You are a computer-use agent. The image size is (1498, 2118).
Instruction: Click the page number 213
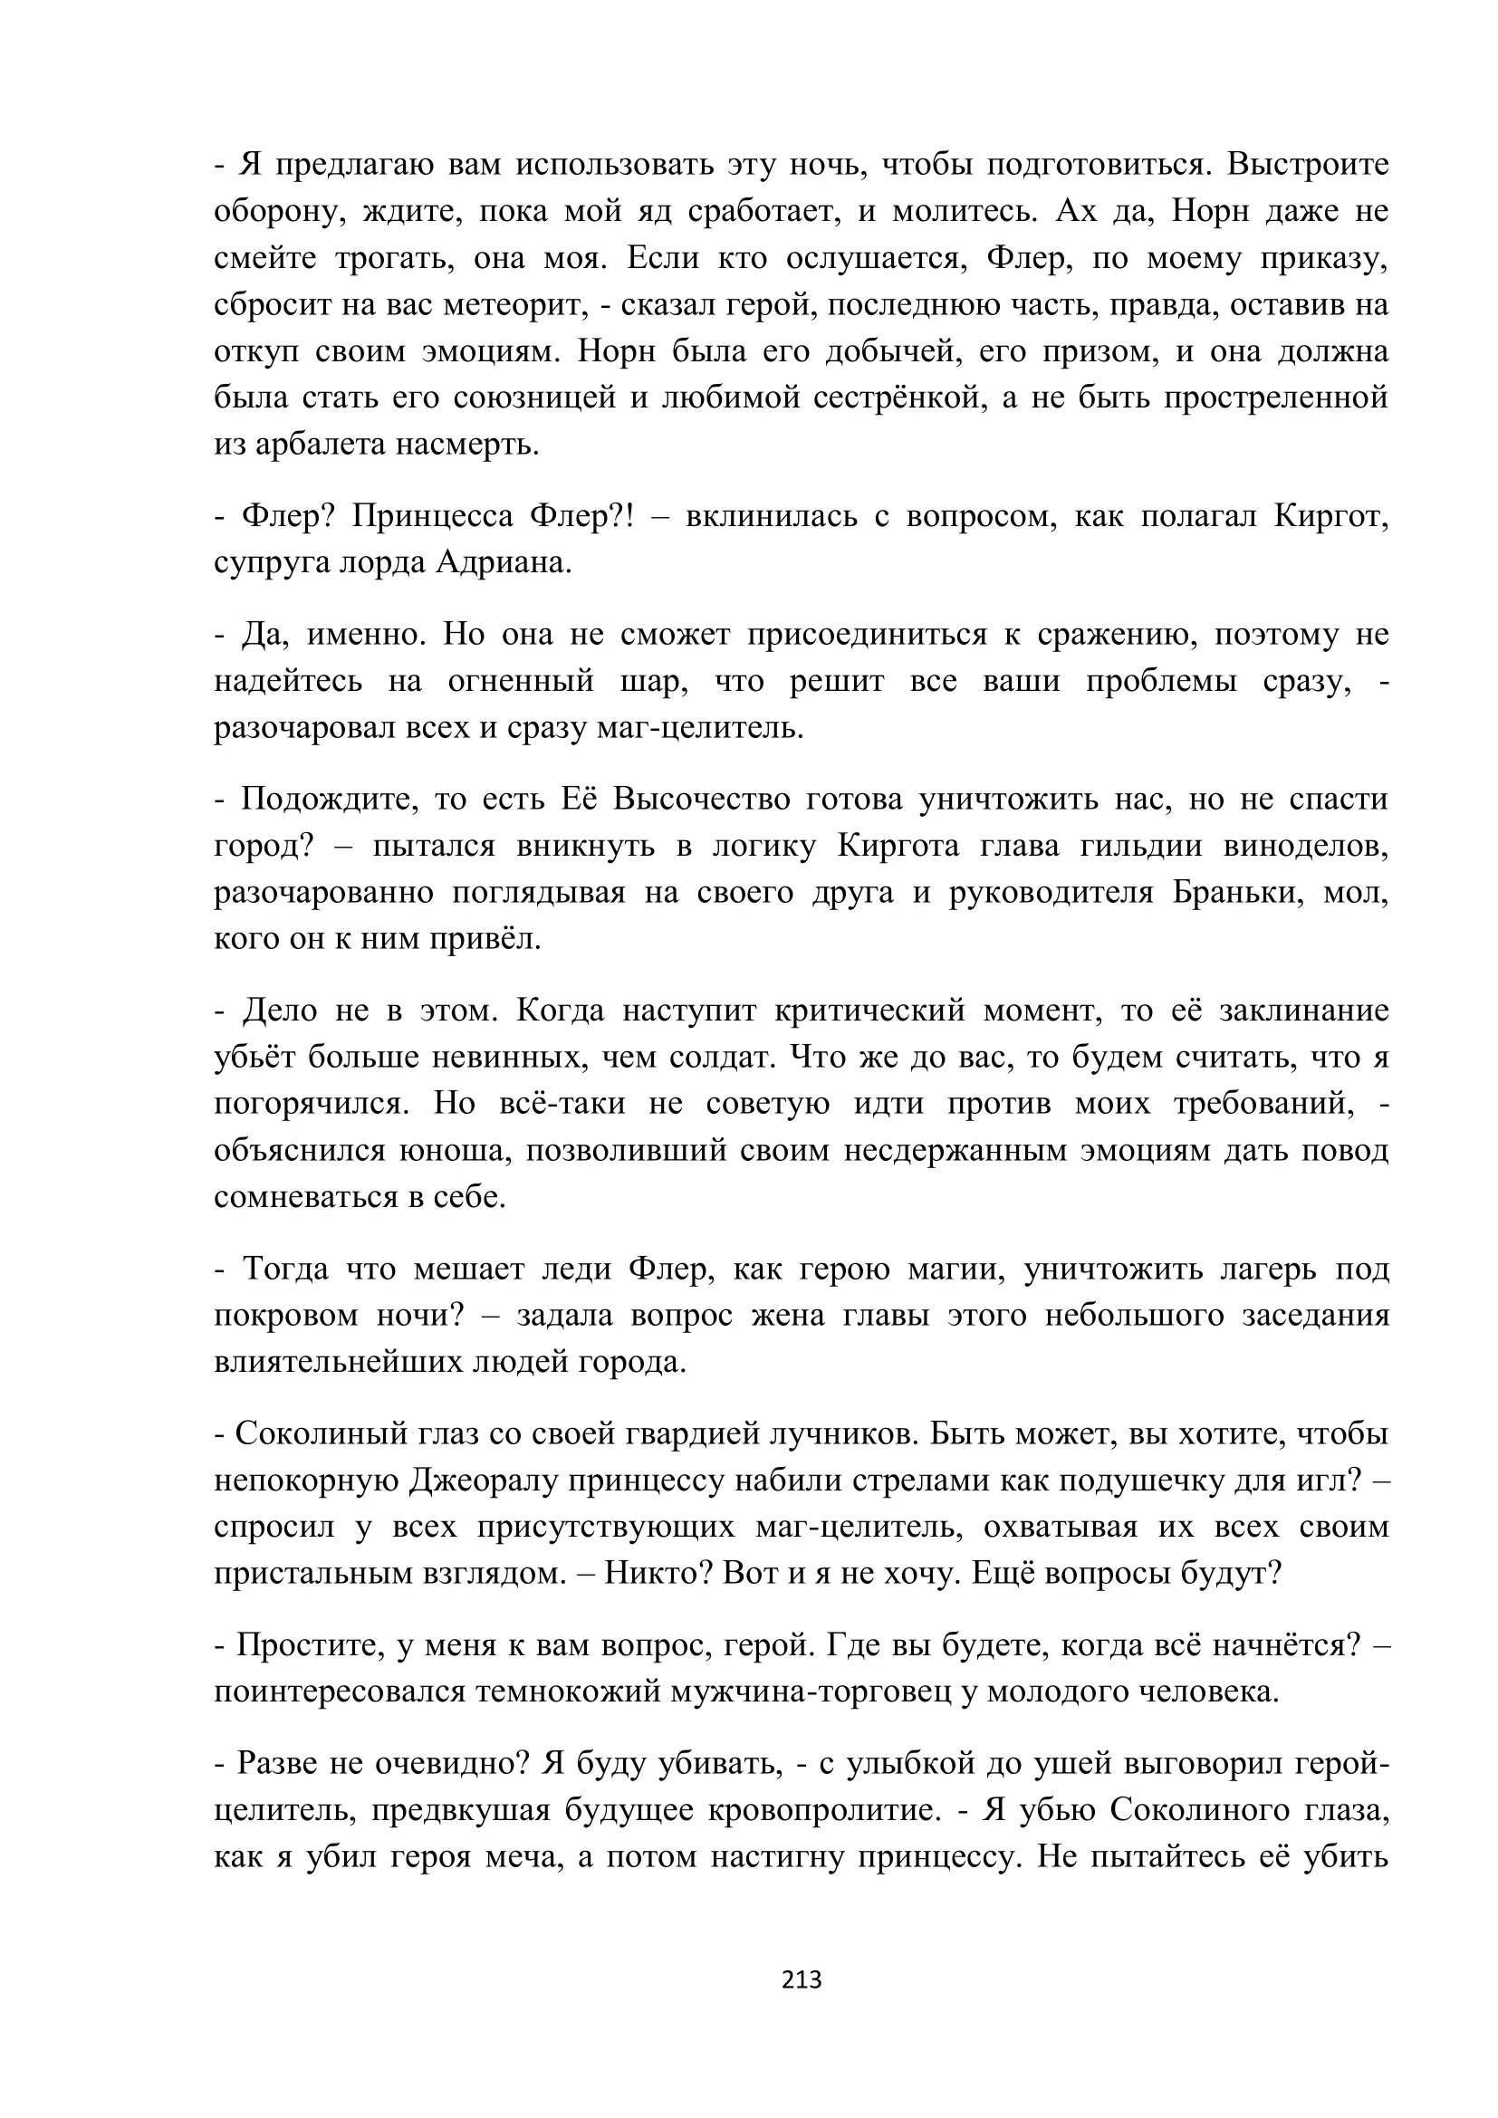tap(801, 1979)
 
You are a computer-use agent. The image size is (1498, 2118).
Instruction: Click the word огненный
tap(522, 681)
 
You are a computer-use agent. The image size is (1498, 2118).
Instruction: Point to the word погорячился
tap(311, 1104)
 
